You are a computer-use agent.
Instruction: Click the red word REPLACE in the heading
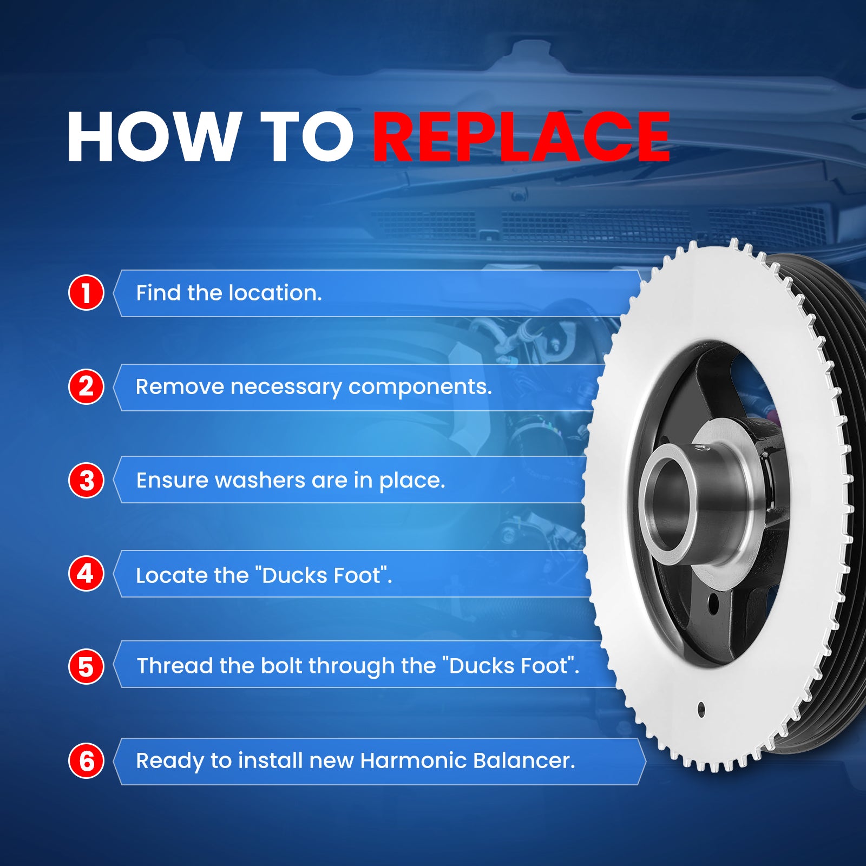click(521, 137)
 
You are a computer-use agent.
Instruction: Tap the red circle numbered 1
click(86, 293)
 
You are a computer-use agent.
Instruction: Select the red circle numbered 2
click(86, 387)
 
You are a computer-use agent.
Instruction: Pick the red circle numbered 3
click(86, 481)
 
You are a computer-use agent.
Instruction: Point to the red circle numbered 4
click(86, 574)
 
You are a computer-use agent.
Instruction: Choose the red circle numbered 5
click(86, 667)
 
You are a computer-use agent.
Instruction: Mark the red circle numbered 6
click(86, 761)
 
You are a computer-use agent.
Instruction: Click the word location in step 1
click(275, 293)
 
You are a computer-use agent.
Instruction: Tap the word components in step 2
click(420, 388)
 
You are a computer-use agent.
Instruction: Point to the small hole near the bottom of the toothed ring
click(701, 708)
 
